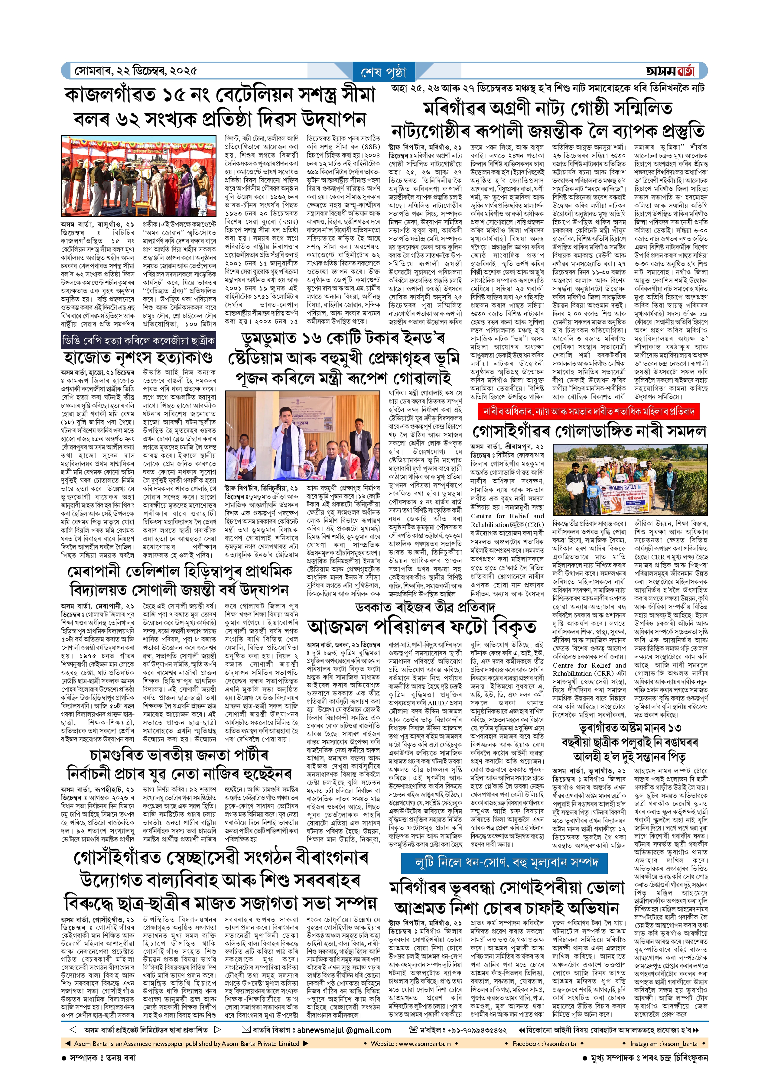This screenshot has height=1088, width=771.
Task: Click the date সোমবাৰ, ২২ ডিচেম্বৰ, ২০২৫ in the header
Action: point(135,71)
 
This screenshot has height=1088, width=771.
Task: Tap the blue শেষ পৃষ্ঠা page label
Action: point(384,73)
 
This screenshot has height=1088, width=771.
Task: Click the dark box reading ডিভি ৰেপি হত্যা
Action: point(138,340)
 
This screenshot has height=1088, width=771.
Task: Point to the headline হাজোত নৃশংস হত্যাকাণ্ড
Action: point(138,357)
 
